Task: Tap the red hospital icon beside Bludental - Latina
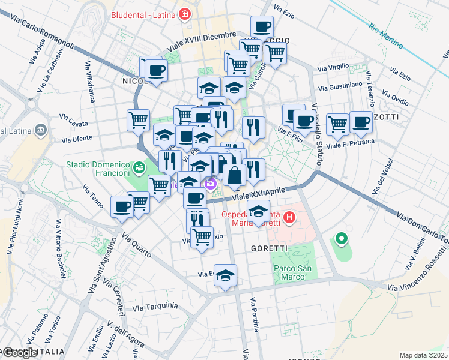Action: tap(184, 13)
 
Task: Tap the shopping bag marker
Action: tap(234, 176)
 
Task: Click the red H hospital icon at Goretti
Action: tap(289, 217)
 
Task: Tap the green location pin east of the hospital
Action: tap(341, 239)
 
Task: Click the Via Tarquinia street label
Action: tap(155, 307)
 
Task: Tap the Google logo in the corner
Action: tap(20, 353)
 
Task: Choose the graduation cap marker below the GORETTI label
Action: tap(226, 276)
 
